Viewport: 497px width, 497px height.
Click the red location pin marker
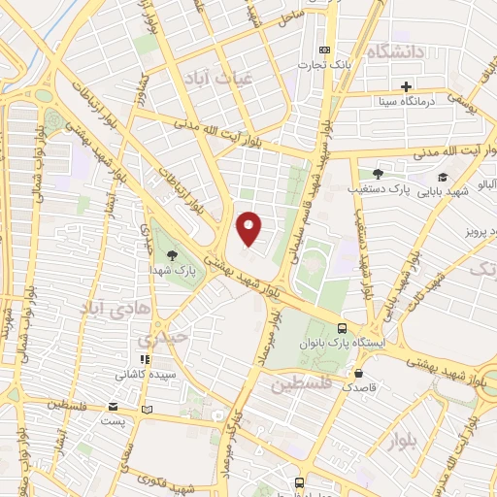tap(250, 228)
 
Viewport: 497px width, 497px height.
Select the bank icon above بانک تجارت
tap(324, 50)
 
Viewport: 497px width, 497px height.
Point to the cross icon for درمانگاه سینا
tap(406, 87)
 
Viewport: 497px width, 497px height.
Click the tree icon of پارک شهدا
tap(172, 256)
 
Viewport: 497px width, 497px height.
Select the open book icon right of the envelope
tap(147, 409)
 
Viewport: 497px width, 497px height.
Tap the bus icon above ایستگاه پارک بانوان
tap(341, 328)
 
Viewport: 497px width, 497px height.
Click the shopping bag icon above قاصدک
tap(359, 373)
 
